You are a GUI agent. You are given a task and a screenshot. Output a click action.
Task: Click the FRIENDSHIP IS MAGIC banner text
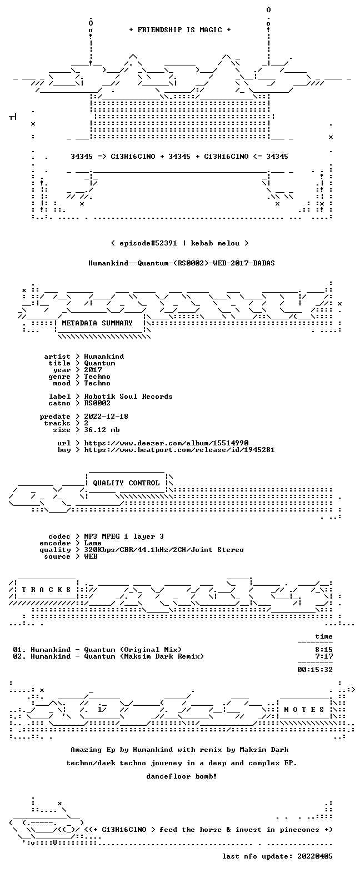[x=180, y=29]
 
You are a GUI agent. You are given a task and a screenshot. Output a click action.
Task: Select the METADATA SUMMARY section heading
[x=97, y=323]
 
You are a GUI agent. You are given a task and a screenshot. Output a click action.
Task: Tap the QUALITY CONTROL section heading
[x=126, y=483]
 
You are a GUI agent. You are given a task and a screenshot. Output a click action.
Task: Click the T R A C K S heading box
[x=47, y=590]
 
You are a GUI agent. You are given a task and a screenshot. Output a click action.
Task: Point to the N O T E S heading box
[x=304, y=709]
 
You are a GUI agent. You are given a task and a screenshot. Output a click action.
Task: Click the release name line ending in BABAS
[x=181, y=263]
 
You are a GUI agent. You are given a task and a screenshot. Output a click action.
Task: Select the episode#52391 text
[x=148, y=243]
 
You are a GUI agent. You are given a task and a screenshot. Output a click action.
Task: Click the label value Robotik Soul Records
[x=128, y=397]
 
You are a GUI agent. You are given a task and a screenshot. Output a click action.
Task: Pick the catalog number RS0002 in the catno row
[x=97, y=403]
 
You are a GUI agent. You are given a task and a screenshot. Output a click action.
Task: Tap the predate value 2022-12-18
[x=106, y=417]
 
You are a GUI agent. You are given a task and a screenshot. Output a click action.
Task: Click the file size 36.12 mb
[x=102, y=430]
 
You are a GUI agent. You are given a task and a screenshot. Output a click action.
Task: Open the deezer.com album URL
[x=166, y=443]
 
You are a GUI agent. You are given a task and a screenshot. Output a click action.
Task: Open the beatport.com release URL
[x=179, y=450]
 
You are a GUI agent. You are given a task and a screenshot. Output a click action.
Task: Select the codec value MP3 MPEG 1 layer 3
[x=124, y=536]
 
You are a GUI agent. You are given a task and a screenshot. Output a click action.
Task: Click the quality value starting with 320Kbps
[x=164, y=550]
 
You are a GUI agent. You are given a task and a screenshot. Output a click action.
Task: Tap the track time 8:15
[x=324, y=650]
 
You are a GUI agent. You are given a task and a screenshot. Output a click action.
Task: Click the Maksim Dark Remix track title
[x=108, y=656]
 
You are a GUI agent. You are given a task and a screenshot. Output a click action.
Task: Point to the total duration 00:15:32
[x=315, y=670]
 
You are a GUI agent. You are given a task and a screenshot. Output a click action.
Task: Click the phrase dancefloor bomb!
[x=181, y=776]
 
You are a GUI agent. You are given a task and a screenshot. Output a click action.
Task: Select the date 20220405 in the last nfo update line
[x=315, y=856]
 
